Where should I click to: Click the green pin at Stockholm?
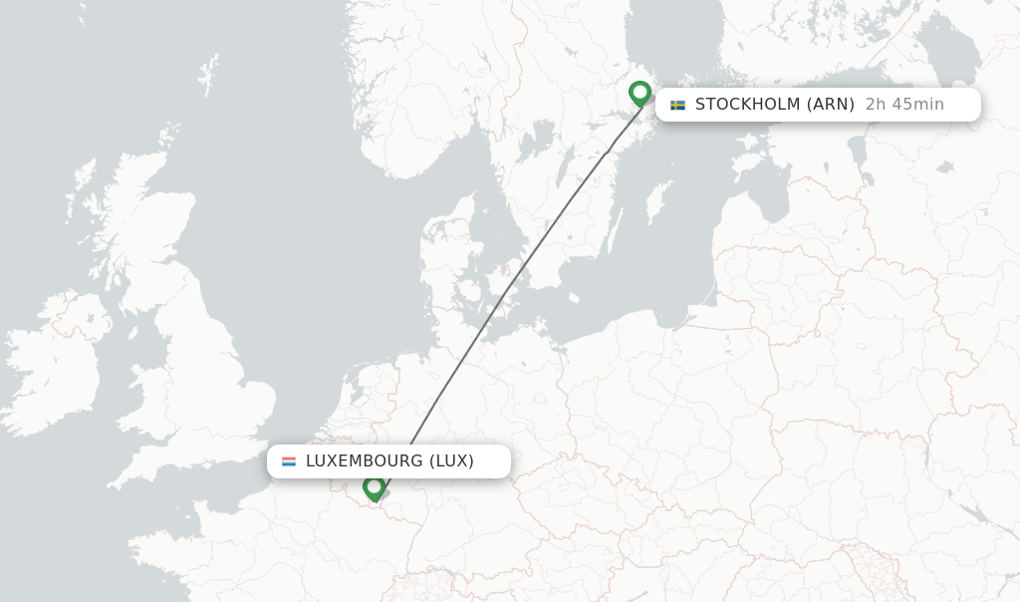click(639, 93)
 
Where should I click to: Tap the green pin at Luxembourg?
click(374, 487)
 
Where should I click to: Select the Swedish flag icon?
click(677, 105)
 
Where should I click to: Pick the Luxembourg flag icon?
click(289, 461)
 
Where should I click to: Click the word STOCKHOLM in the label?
click(747, 105)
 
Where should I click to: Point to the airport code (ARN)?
click(830, 105)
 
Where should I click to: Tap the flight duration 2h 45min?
click(904, 105)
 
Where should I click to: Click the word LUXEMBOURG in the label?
click(364, 461)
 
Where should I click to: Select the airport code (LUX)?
click(451, 461)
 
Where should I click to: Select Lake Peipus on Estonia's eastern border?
click(857, 150)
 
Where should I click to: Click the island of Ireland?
click(60, 369)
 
